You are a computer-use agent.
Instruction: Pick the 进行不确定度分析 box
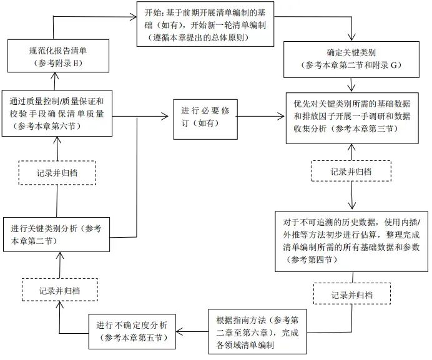pos(132,331)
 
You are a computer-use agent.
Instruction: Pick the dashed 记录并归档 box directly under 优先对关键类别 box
pos(351,171)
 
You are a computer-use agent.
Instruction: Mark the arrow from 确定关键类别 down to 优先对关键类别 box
pos(353,80)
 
